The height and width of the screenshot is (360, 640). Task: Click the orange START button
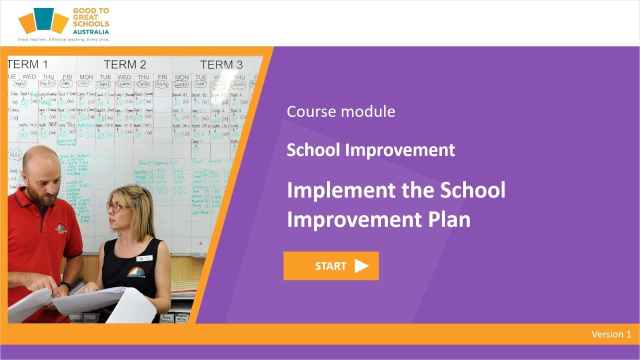coord(330,266)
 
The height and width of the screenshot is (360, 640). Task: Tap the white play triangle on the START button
coord(361,266)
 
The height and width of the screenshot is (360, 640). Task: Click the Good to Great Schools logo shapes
coord(43,20)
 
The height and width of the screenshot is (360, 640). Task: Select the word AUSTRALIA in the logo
coord(90,31)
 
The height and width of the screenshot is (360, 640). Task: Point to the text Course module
coord(340,111)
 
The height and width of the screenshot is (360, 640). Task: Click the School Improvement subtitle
coord(370,150)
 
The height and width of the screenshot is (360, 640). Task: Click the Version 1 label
coord(611,334)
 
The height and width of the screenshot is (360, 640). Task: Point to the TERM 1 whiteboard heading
coord(28,64)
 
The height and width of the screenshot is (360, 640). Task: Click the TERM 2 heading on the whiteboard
coord(125,64)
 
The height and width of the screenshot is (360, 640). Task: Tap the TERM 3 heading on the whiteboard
coord(221,65)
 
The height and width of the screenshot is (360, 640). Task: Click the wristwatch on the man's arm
coord(65,285)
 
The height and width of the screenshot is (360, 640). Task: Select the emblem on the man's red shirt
coord(61,228)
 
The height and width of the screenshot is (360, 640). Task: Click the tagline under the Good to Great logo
coord(63,39)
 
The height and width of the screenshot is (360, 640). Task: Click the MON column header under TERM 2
coord(86,77)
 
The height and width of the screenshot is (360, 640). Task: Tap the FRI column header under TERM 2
coord(162,77)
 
